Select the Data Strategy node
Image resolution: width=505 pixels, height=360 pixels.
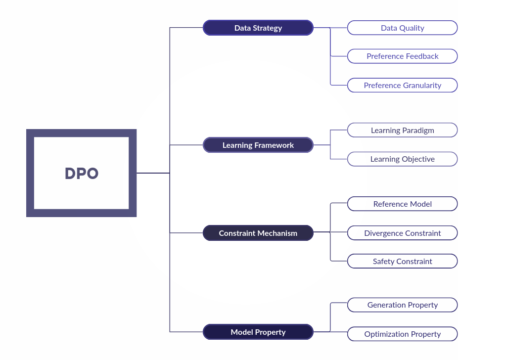click(258, 28)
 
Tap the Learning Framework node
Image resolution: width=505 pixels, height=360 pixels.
click(258, 145)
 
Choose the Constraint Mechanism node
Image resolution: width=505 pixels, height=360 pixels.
click(258, 233)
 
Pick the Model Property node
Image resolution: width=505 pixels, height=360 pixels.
click(258, 332)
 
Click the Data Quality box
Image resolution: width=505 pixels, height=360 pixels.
click(402, 28)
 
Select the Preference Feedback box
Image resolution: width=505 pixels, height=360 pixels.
click(402, 56)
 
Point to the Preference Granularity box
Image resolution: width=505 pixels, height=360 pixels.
click(402, 85)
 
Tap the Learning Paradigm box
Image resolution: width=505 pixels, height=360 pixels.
click(402, 130)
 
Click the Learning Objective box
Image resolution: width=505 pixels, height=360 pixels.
click(402, 159)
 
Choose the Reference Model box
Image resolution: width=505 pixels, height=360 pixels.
click(402, 204)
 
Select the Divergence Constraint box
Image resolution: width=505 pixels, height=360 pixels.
click(402, 233)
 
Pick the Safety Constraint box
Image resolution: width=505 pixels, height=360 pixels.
click(402, 261)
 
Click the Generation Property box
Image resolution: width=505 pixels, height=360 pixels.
click(402, 305)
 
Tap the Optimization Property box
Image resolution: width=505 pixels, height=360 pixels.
click(402, 334)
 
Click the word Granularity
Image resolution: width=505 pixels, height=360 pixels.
click(422, 86)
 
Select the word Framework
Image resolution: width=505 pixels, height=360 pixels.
click(274, 145)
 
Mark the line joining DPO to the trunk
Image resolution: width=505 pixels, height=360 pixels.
click(153, 173)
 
